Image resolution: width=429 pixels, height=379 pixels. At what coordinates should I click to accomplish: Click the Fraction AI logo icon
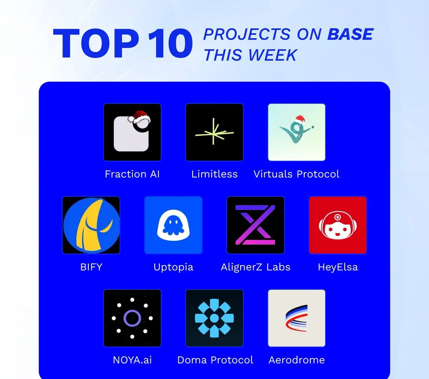pyautogui.click(x=132, y=132)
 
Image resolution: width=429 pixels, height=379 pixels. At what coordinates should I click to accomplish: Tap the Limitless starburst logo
pyautogui.click(x=214, y=132)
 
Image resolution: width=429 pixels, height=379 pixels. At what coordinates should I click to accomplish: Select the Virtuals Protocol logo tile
pyautogui.click(x=296, y=132)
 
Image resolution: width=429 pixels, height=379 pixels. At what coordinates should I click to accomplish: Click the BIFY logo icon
pyautogui.click(x=91, y=225)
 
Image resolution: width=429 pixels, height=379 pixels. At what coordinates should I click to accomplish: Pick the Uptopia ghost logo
pyautogui.click(x=173, y=225)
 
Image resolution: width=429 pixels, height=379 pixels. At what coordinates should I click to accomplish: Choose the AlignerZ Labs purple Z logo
pyautogui.click(x=255, y=225)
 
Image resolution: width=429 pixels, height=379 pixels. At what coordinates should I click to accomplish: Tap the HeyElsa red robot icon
pyautogui.click(x=338, y=225)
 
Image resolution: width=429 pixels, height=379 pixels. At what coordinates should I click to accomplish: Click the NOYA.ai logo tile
pyautogui.click(x=132, y=318)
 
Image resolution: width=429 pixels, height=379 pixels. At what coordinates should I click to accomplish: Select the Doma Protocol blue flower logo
pyautogui.click(x=214, y=318)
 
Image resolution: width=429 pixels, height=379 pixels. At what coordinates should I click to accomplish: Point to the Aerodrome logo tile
pyautogui.click(x=296, y=318)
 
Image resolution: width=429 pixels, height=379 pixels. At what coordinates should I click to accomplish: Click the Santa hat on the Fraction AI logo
pyautogui.click(x=139, y=117)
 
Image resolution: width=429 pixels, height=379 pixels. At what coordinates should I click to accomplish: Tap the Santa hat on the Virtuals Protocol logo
pyautogui.click(x=300, y=120)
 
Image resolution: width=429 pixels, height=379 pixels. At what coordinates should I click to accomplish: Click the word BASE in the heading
pyautogui.click(x=350, y=34)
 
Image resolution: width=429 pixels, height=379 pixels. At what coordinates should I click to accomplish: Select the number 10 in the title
pyautogui.click(x=171, y=43)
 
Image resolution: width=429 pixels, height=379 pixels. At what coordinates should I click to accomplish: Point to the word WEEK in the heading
pyautogui.click(x=272, y=55)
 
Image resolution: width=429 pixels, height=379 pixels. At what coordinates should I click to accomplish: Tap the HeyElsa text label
pyautogui.click(x=338, y=267)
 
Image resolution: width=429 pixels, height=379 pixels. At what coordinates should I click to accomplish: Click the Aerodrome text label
pyautogui.click(x=296, y=360)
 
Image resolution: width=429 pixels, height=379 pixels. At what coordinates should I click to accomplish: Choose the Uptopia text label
pyautogui.click(x=173, y=267)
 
